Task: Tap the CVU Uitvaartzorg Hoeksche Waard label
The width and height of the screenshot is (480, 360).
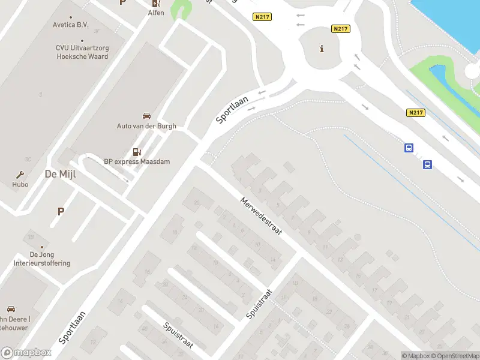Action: [x=82, y=52]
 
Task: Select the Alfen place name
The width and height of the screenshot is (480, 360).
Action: [x=156, y=13]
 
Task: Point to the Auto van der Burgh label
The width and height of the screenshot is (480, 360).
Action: [x=146, y=126]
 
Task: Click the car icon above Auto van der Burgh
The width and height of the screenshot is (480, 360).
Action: [x=146, y=116]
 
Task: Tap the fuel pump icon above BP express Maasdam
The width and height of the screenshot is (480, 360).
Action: [x=137, y=152]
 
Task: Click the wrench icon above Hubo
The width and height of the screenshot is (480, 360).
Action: [x=20, y=175]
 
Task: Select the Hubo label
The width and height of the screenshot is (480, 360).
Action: [x=20, y=185]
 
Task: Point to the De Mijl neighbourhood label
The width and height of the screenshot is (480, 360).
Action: [x=59, y=174]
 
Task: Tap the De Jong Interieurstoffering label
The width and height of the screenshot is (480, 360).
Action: [x=42, y=259]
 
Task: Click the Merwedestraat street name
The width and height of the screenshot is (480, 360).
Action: [x=260, y=216]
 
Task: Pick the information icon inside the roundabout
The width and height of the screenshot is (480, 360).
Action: [x=322, y=49]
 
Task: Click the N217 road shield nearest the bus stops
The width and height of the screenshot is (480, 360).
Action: [x=416, y=113]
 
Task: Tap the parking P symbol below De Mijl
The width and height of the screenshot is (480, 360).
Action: [x=61, y=211]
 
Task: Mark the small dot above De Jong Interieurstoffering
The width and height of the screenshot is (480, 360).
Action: [x=42, y=247]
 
